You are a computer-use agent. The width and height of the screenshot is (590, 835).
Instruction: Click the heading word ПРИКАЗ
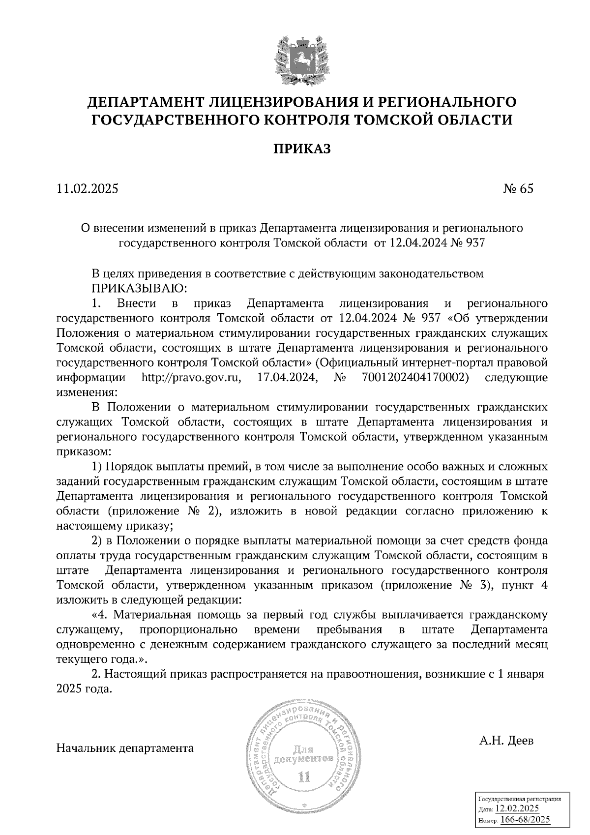302,149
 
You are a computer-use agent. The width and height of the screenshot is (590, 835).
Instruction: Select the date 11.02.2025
88,189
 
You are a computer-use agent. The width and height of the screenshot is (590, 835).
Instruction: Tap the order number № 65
518,189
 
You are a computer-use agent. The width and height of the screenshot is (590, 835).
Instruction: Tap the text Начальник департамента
125,748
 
